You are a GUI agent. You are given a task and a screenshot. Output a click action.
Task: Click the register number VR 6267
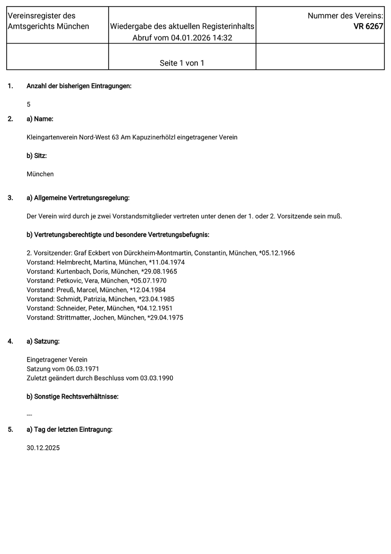tap(368, 27)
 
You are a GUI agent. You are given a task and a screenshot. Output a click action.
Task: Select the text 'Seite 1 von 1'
tap(182, 63)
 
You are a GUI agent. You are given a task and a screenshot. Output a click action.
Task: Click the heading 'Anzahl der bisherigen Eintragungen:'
tap(79, 86)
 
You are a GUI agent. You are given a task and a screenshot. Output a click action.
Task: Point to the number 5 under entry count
tap(29, 104)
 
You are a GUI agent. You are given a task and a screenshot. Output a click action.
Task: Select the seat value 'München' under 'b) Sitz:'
tap(40, 174)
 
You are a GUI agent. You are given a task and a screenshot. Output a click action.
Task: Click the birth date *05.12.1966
tap(277, 253)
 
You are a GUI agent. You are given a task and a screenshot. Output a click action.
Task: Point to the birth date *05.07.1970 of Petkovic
tap(149, 281)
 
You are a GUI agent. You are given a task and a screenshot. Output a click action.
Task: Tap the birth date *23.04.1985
tap(157, 299)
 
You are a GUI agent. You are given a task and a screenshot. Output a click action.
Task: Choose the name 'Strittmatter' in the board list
tap(73, 318)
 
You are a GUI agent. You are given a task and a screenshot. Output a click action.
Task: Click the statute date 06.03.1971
tap(83, 369)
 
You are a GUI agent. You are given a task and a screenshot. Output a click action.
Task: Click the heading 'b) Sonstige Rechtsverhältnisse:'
tap(72, 397)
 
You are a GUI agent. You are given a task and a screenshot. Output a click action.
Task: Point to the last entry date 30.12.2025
tap(43, 448)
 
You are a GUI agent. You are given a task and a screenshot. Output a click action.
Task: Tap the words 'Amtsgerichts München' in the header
tap(48, 26)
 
